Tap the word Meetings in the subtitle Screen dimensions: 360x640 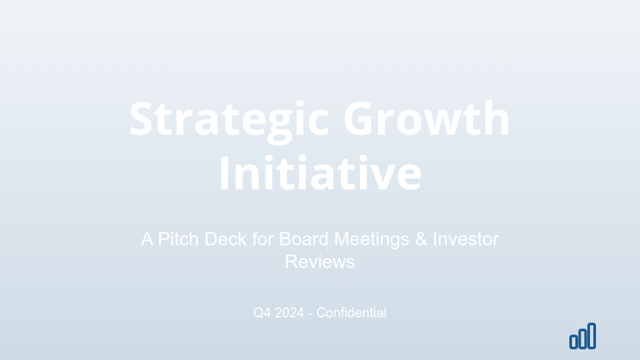point(372,239)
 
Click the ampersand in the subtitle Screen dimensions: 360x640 point(421,239)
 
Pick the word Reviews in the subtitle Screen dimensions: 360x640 point(320,261)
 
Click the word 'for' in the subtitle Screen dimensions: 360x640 point(263,239)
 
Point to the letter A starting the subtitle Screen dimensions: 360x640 point(147,239)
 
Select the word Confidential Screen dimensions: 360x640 point(351,313)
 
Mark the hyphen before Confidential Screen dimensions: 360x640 point(311,313)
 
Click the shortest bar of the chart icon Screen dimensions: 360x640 point(573,342)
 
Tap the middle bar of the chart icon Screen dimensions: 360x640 point(583,338)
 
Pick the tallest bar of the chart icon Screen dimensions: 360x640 point(592,335)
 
